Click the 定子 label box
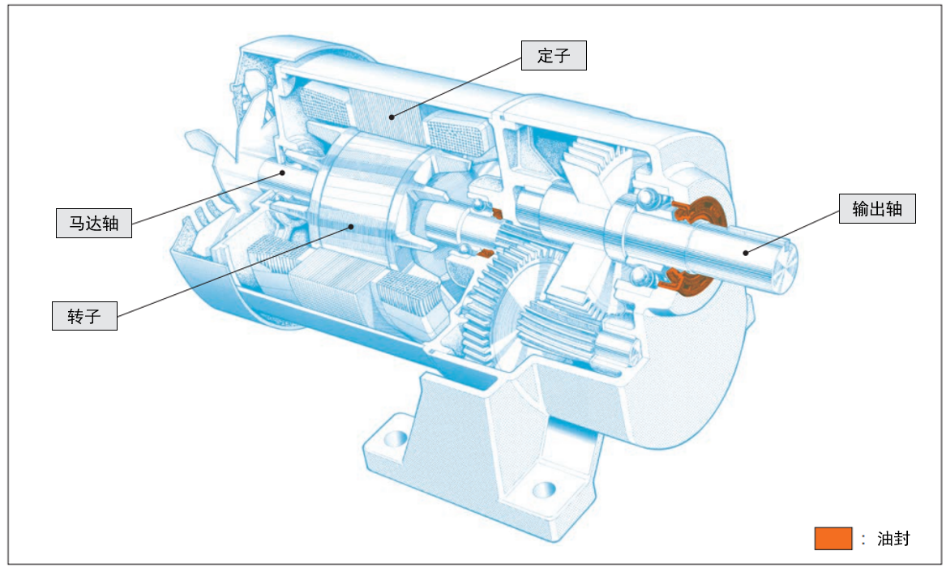(554, 55)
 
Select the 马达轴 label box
(93, 223)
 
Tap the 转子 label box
(84, 316)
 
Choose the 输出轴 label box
(877, 208)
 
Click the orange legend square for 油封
(833, 538)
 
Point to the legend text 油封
(893, 538)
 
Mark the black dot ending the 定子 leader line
(392, 117)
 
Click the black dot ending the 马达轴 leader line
(282, 173)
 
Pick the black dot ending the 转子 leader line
(350, 227)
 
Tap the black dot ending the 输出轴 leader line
(747, 253)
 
